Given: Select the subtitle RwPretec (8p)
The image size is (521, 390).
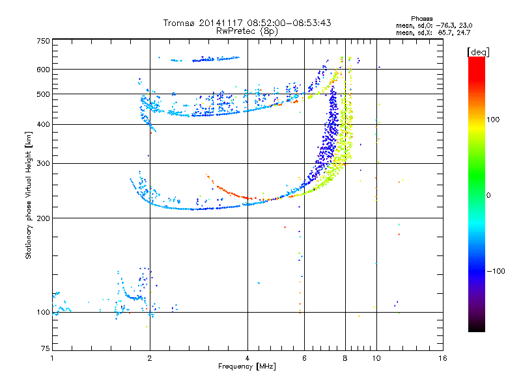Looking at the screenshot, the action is [x=247, y=31].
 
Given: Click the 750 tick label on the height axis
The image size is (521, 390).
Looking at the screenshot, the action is [x=44, y=41].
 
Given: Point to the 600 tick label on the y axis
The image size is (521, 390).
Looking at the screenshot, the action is [x=44, y=70].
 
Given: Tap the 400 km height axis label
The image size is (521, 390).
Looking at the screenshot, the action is [x=44, y=124].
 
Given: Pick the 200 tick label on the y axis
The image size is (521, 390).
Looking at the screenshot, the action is [x=44, y=218].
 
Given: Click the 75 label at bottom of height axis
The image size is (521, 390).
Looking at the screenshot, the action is [x=46, y=348].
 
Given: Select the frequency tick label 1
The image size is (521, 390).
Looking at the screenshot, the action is [x=52, y=358].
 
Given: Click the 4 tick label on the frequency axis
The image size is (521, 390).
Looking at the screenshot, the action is [x=247, y=358].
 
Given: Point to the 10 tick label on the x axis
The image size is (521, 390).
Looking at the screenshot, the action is [x=376, y=358].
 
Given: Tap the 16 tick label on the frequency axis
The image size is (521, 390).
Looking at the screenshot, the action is [x=443, y=358].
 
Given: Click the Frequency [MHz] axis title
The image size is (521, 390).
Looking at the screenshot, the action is [x=247, y=367].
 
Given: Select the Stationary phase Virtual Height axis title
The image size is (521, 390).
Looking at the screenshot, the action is [x=29, y=196].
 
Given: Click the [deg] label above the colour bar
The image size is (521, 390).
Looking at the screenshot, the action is [x=478, y=52].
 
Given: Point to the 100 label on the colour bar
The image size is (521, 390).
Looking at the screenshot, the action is [x=493, y=120].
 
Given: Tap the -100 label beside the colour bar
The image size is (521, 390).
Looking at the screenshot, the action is [x=496, y=271].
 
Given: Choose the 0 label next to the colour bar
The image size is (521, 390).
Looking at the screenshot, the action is [x=488, y=196].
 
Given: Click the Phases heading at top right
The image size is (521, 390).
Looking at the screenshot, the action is [x=422, y=19].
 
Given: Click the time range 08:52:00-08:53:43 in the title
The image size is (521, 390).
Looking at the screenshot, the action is [x=289, y=23].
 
